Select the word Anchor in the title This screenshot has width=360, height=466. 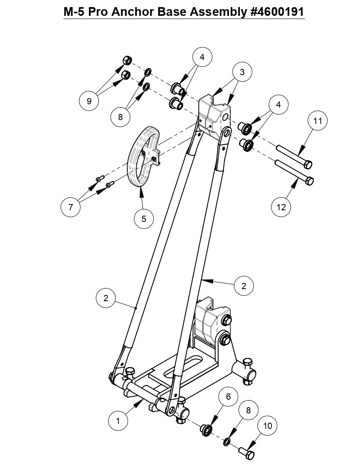click(x=133, y=12)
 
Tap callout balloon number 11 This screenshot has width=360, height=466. click(x=318, y=121)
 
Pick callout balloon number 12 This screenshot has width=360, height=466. click(x=282, y=207)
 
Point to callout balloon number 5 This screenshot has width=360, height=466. click(x=144, y=218)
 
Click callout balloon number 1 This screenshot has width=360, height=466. click(x=118, y=421)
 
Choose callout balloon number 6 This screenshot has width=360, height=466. click(x=228, y=397)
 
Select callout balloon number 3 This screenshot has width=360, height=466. click(x=242, y=72)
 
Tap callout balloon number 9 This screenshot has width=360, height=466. click(x=89, y=100)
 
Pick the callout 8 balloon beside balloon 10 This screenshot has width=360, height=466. click(x=248, y=410)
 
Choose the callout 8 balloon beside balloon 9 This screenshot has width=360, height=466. click(x=121, y=117)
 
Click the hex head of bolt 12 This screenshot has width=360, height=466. click(x=310, y=181)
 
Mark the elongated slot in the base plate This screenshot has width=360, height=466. click(x=182, y=368)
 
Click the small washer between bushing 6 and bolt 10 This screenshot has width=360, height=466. click(x=227, y=441)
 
